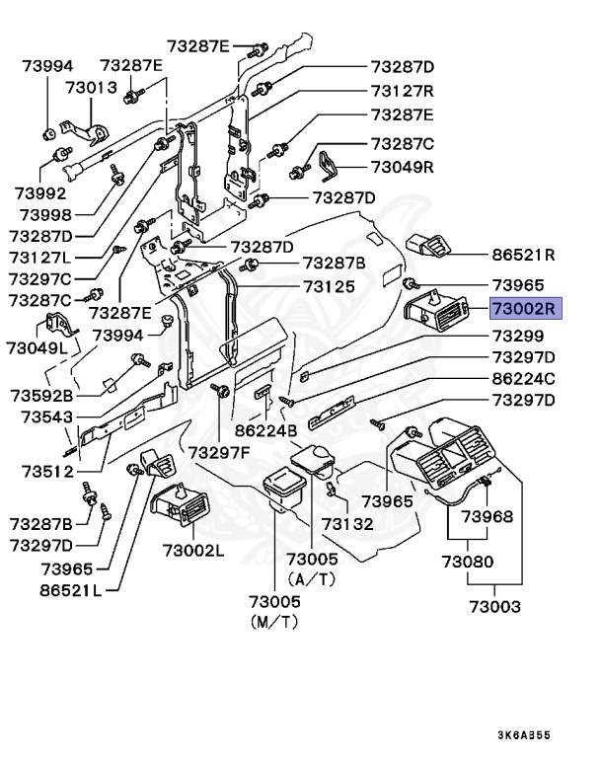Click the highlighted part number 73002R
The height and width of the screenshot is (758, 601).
tap(526, 308)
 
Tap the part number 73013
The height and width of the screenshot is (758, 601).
tap(92, 88)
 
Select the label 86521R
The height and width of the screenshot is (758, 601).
tap(523, 255)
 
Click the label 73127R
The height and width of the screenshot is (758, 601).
tap(403, 91)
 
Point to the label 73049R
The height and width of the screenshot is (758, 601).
tap(403, 167)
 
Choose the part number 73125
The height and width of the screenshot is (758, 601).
tap(330, 286)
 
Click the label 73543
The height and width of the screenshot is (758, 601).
tap(47, 417)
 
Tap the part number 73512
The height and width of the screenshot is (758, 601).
tap(47, 472)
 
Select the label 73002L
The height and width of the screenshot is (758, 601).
tap(193, 550)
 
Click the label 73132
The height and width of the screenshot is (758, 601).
tap(347, 524)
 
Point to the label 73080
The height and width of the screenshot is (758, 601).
tap(468, 562)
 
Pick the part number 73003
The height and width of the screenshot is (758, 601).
tap(495, 607)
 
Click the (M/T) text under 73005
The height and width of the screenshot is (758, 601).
tap(274, 622)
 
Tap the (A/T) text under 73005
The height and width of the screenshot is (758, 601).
tap(312, 579)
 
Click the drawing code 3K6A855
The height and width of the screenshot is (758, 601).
tap(524, 735)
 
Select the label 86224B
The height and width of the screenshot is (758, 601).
tap(265, 430)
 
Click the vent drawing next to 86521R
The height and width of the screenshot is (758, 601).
tap(429, 246)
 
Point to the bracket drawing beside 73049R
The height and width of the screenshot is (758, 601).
tap(329, 166)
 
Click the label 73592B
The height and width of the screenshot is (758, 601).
tap(41, 396)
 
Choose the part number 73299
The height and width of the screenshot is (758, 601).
tap(518, 336)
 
